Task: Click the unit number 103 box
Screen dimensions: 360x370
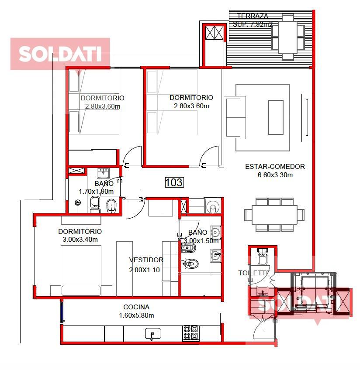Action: tap(174, 182)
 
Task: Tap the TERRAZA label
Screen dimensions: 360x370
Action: tap(253, 16)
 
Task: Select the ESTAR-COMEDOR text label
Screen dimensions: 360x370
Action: tap(275, 167)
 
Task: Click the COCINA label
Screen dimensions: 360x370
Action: tap(136, 307)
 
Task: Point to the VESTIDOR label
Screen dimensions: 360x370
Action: tap(146, 260)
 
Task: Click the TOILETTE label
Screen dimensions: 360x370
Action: tap(254, 273)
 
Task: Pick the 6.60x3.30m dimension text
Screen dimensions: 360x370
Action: tap(275, 175)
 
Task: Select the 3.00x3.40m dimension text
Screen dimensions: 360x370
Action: tap(80, 240)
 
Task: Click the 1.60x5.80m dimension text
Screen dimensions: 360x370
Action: tap(137, 315)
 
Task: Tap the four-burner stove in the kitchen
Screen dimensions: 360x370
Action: tap(190, 333)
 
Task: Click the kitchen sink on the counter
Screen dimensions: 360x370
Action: tap(152, 334)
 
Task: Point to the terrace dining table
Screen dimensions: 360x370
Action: tap(287, 37)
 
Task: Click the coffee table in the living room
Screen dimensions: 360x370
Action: tap(276, 117)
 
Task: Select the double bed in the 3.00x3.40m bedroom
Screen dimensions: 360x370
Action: tap(81, 271)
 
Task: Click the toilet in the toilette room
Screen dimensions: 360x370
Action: tap(262, 257)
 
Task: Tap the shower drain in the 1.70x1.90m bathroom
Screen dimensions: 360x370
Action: tap(77, 202)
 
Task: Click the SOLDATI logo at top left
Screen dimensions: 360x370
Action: tap(60, 54)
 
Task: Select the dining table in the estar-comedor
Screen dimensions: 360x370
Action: tap(274, 215)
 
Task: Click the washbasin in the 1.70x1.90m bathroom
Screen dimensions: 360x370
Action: tap(103, 173)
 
